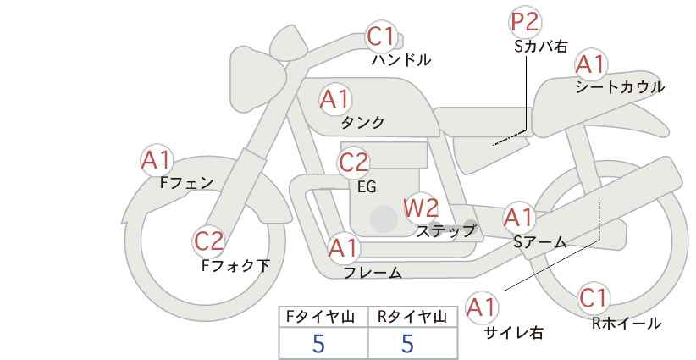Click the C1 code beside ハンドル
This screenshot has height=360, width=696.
click(x=381, y=36)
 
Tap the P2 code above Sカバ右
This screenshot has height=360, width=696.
click(x=524, y=22)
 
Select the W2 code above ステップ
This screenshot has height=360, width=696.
click(x=421, y=208)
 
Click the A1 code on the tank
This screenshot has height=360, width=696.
click(x=335, y=99)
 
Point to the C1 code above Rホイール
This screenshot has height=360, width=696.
click(x=593, y=298)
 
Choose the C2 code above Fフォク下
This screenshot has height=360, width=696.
click(x=209, y=242)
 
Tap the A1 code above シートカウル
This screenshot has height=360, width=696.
click(x=590, y=65)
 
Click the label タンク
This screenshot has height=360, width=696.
click(x=362, y=122)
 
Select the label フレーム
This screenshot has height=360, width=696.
click(x=373, y=273)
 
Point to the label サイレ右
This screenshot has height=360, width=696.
click(x=514, y=333)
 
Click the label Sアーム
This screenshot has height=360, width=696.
click(x=540, y=242)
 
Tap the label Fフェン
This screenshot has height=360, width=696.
click(x=186, y=183)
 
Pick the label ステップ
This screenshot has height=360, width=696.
click(x=445, y=231)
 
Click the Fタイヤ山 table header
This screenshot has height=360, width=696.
click(x=320, y=317)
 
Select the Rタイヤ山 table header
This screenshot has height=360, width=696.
click(x=412, y=317)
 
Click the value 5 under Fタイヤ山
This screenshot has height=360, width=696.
click(x=318, y=343)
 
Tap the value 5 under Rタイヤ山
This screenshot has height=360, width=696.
click(x=407, y=343)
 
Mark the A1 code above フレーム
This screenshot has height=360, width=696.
click(x=343, y=248)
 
